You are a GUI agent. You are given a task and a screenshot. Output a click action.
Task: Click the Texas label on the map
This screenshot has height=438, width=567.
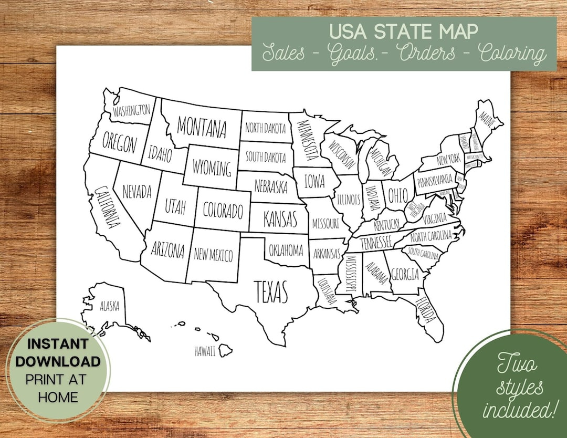[x=271, y=291]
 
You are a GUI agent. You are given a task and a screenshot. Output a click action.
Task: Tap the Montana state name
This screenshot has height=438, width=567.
[x=202, y=127]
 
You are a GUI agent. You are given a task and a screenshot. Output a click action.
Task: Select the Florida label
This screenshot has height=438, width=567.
[x=426, y=310]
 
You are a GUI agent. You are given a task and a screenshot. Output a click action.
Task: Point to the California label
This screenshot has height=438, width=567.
[x=105, y=207]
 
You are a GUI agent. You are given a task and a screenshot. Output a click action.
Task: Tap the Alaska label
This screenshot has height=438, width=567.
[x=110, y=306]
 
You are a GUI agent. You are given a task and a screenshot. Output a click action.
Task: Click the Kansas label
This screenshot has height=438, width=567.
[x=280, y=217]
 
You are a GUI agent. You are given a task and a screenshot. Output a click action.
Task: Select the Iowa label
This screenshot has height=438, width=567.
[x=314, y=181]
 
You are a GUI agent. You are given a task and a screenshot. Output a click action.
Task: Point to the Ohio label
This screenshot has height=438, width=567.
[x=397, y=195]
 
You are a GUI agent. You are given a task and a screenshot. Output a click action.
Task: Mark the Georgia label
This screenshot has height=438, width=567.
[x=405, y=274]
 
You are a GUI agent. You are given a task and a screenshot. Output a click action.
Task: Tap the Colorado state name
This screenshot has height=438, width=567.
[x=223, y=210]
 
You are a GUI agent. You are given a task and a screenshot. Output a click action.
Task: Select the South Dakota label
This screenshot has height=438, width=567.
[x=266, y=157]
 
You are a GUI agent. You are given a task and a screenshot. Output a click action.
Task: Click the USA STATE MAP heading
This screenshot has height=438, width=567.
[x=404, y=31]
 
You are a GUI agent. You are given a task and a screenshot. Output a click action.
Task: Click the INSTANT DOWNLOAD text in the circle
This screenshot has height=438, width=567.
[x=57, y=352]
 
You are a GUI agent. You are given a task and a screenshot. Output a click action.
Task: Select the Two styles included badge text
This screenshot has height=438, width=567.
[x=519, y=387]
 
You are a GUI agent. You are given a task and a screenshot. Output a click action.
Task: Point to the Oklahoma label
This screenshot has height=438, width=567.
[x=286, y=250]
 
